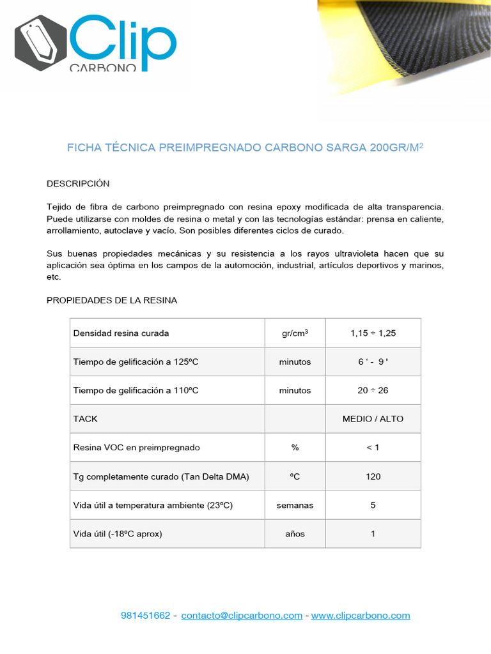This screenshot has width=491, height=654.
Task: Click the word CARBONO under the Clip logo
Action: pyautogui.click(x=102, y=66)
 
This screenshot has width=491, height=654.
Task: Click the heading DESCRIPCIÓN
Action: pyautogui.click(x=78, y=183)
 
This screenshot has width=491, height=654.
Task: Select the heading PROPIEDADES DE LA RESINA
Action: pyautogui.click(x=112, y=300)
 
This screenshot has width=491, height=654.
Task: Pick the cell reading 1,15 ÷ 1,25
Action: pyautogui.click(x=373, y=333)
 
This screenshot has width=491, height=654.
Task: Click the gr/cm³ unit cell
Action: pyautogui.click(x=295, y=333)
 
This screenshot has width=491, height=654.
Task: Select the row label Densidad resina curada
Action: pyautogui.click(x=121, y=333)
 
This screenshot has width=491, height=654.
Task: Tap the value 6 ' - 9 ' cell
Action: pyautogui.click(x=373, y=361)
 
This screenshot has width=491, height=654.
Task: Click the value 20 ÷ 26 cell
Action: pyautogui.click(x=373, y=390)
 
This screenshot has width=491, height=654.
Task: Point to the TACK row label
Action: pyautogui.click(x=86, y=419)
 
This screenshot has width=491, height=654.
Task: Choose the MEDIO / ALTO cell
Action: pyautogui.click(x=373, y=419)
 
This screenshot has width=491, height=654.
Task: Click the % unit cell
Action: pyautogui.click(x=295, y=448)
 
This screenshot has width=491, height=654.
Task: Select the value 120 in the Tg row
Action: pyautogui.click(x=373, y=476)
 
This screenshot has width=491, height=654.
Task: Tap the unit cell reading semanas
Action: pyautogui.click(x=295, y=505)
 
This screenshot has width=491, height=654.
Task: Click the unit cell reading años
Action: pyautogui.click(x=295, y=533)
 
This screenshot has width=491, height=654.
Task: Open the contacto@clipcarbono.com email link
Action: pyautogui.click(x=242, y=616)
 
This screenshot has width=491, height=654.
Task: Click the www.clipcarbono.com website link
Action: pyautogui.click(x=361, y=616)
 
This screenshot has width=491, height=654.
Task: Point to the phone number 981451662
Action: pyautogui.click(x=146, y=616)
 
